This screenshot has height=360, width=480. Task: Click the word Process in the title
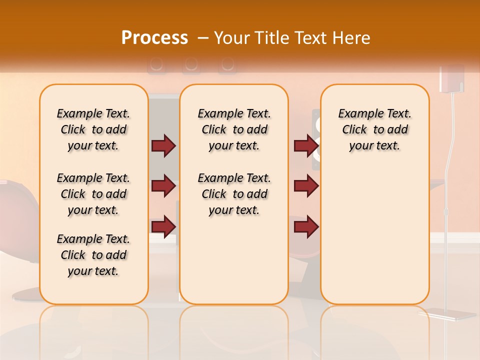(x=154, y=38)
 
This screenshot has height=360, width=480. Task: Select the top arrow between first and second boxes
(x=163, y=145)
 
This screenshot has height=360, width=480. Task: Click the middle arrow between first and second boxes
(x=163, y=186)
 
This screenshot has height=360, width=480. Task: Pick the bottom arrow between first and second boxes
(x=163, y=226)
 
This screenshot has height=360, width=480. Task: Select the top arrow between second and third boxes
(x=306, y=145)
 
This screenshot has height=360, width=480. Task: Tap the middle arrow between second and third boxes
(x=306, y=186)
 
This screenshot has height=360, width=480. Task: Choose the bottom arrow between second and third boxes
(x=306, y=226)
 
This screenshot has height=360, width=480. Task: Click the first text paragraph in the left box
(x=93, y=129)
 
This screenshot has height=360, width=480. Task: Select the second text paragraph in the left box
(x=93, y=194)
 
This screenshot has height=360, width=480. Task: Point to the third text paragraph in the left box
(x=93, y=255)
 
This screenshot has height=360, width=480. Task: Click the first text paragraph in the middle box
(x=234, y=129)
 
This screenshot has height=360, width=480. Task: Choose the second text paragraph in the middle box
(x=234, y=194)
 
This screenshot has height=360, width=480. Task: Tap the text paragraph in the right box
(x=374, y=129)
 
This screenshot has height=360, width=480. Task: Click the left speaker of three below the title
(x=156, y=64)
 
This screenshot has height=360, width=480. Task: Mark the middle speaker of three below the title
(x=191, y=64)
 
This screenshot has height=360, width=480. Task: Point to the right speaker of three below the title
(x=226, y=64)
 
